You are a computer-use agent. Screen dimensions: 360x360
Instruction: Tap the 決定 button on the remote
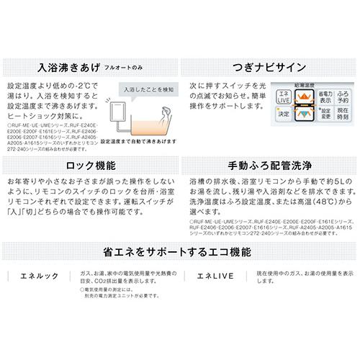(x=284, y=114)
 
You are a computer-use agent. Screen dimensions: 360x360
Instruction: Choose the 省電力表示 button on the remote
(x=325, y=99)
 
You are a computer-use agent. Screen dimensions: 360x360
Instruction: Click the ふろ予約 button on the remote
(x=343, y=99)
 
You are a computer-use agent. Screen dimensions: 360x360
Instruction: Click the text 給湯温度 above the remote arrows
(x=304, y=86)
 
